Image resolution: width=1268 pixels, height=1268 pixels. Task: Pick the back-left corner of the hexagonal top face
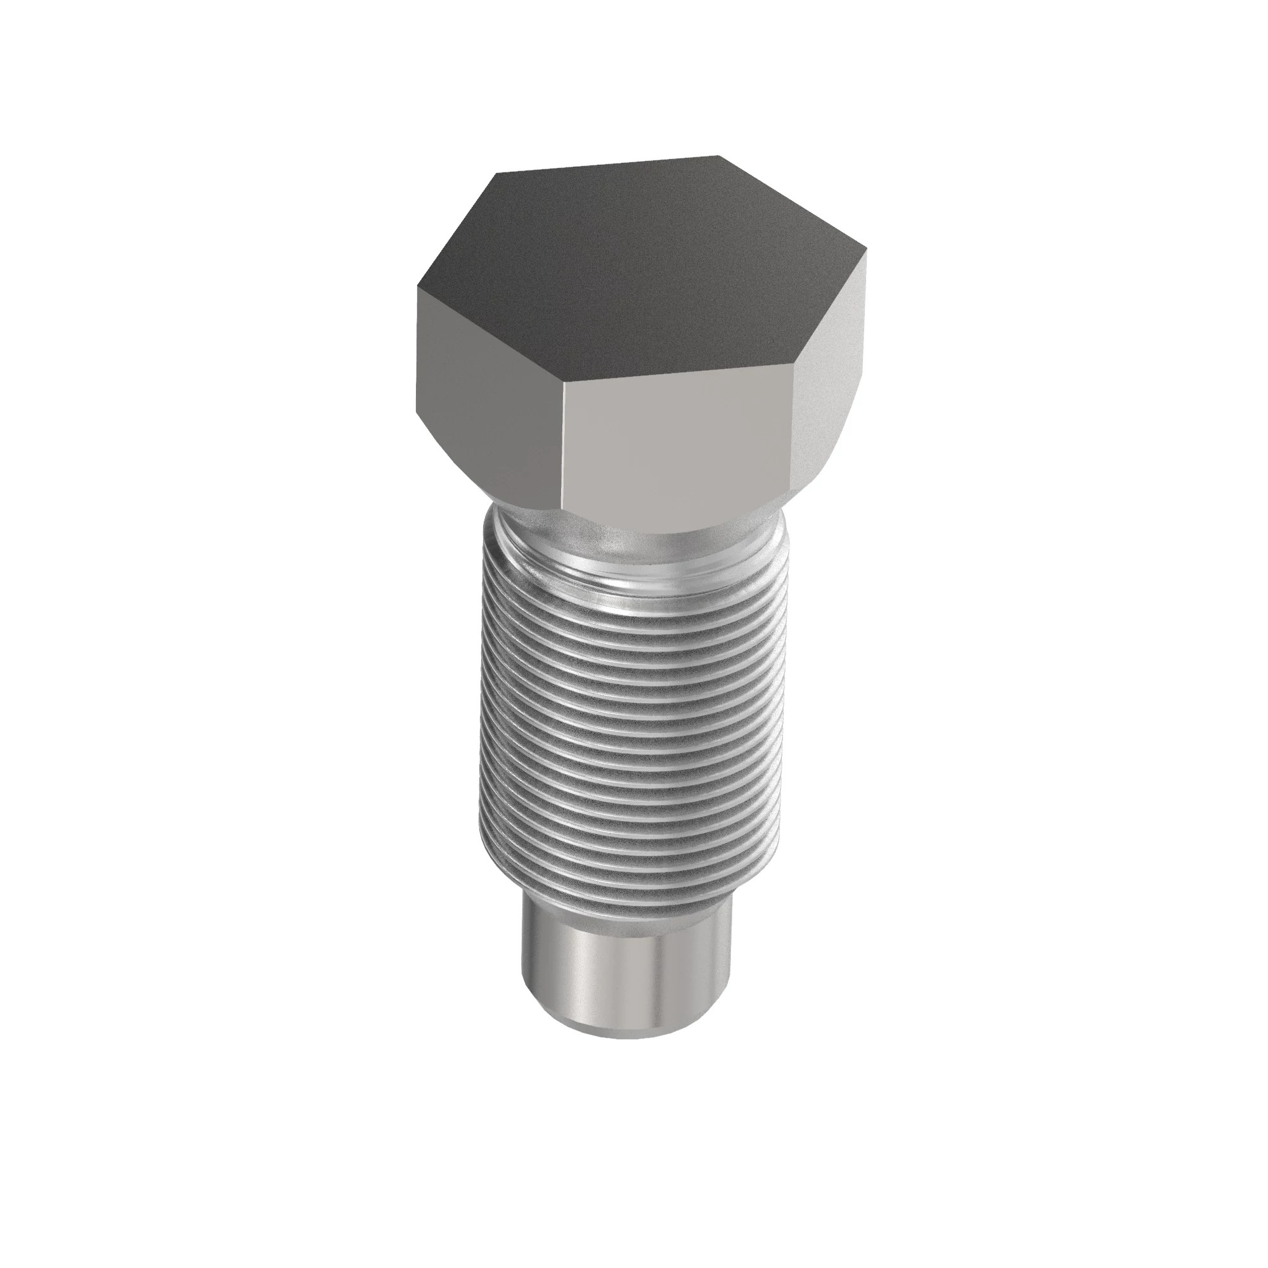(497, 174)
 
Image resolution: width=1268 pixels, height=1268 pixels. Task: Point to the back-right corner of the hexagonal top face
(718, 156)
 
